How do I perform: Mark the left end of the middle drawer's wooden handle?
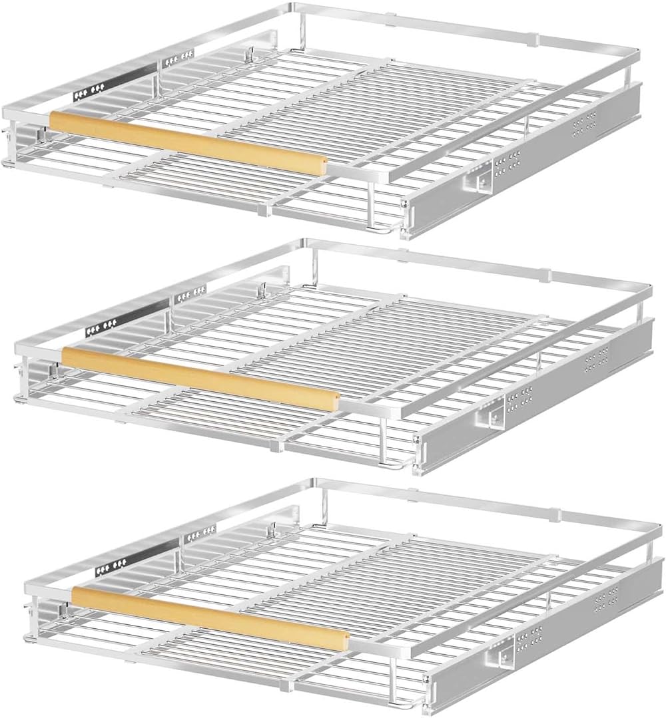click(x=66, y=354)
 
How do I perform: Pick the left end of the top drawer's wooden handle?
click(x=54, y=120)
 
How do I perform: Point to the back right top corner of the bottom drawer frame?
click(x=659, y=525)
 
